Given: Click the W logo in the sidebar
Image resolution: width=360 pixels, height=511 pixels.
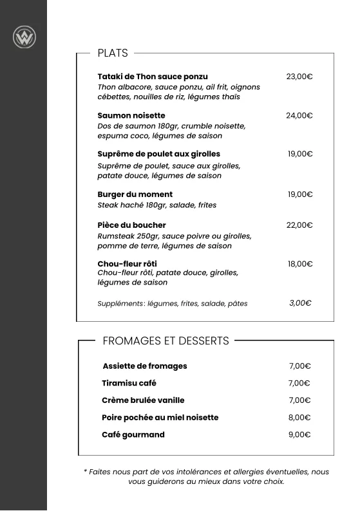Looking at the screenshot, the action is point(24,37).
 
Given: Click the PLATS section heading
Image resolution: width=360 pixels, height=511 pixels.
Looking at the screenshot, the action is point(113,53).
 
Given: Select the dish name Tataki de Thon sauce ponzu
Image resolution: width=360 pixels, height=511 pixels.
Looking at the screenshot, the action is point(153,77).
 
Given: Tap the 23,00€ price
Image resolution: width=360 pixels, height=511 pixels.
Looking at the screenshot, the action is point(299,77).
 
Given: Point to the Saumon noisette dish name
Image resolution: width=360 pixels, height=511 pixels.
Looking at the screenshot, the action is point(131,116).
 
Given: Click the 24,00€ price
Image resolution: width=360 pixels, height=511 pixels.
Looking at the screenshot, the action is point(299,116).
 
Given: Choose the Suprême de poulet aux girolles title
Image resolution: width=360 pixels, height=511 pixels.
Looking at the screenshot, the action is point(158,154).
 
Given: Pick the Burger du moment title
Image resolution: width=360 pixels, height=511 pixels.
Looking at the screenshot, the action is point(135,194).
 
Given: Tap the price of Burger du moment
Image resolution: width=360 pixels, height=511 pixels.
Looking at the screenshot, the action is point(300,194).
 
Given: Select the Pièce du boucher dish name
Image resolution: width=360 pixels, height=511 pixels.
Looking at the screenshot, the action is point(131,225).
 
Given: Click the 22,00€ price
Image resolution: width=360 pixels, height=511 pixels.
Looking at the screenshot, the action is point(299,225).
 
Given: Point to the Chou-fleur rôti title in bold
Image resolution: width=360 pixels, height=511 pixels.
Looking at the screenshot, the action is point(127,264).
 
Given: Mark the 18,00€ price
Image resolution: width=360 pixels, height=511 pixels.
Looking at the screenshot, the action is point(300,264).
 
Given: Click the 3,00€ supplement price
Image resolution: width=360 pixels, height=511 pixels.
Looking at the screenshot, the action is point(300,303).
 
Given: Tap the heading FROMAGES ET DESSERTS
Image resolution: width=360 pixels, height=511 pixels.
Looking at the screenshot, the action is point(166,341).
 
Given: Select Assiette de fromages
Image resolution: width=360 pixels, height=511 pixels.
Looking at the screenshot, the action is point(145,366).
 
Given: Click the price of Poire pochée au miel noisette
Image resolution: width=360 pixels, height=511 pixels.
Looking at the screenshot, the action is point(299,418).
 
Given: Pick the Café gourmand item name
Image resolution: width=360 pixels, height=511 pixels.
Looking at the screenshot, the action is point(133,435).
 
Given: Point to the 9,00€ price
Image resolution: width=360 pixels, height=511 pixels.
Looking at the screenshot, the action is point(299,435).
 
